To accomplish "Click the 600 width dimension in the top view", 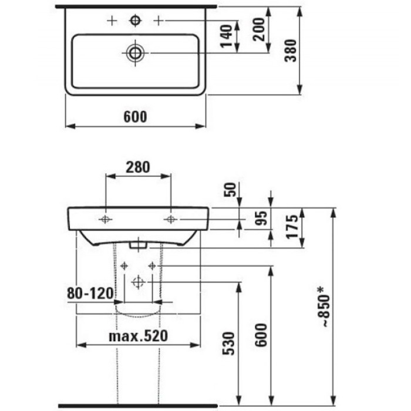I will point(135,117).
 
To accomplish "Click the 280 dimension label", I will point(137,167).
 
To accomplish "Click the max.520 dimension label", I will point(139,336).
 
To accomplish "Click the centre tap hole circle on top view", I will point(136,21).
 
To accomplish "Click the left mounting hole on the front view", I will point(105,220).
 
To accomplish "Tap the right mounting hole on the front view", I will point(170,220).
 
